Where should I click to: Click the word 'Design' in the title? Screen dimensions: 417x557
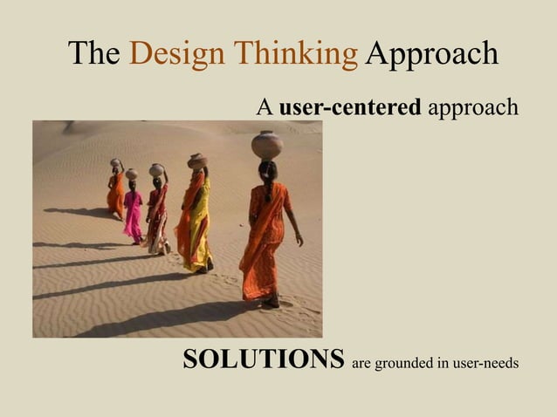pos(178,54)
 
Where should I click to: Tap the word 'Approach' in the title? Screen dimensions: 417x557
pos(431,54)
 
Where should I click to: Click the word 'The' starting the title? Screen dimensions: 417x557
pos(93,54)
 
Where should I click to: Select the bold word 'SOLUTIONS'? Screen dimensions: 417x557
pos(263,359)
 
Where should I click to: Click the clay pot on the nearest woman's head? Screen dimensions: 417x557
pos(267,144)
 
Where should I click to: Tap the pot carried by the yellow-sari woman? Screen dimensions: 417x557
pos(198,161)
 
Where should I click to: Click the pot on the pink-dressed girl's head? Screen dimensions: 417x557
pos(131,174)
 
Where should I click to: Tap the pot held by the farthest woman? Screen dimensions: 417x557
pos(116,163)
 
